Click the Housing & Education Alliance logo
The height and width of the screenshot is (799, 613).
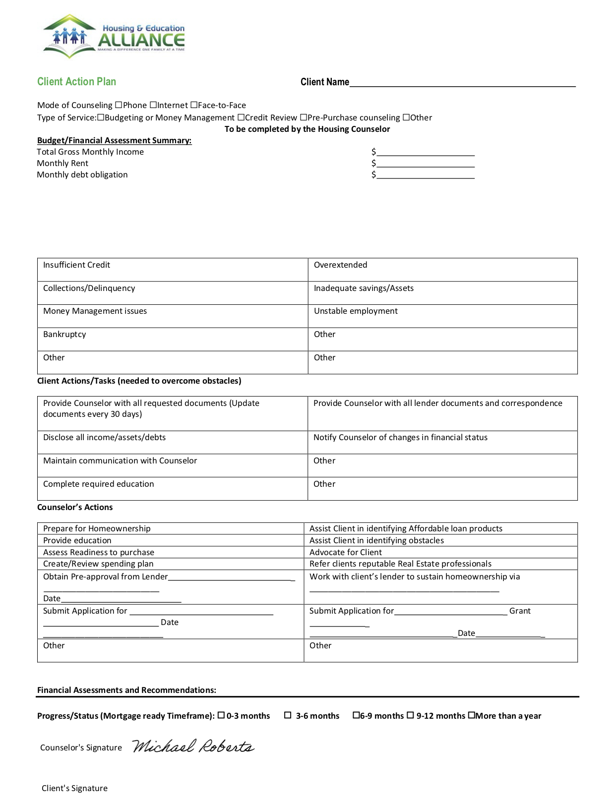click(114, 37)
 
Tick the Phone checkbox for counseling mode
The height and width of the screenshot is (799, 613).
click(119, 105)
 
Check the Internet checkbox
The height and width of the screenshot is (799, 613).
click(153, 105)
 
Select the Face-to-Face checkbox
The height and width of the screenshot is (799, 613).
click(194, 105)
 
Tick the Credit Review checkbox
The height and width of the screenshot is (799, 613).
click(241, 117)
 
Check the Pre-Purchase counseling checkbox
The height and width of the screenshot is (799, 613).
click(304, 117)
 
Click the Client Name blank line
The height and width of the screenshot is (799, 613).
click(462, 82)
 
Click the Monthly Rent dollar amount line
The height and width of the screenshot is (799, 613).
click(425, 164)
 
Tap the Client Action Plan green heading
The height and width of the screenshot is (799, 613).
click(77, 82)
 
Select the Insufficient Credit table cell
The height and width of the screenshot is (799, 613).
click(172, 269)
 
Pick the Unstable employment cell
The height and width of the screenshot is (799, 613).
click(442, 316)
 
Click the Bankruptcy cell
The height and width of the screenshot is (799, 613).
click(172, 339)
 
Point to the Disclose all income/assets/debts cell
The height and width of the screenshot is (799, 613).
click(172, 442)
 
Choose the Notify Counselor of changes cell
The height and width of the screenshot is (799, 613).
click(442, 442)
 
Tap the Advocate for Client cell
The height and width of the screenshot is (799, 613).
click(440, 552)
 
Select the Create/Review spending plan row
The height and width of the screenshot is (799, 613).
click(170, 564)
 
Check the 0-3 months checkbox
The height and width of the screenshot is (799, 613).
click(222, 715)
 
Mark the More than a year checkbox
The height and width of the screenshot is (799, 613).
click(472, 715)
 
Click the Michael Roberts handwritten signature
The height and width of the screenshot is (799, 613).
click(193, 746)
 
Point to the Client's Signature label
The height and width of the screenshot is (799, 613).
click(74, 788)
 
